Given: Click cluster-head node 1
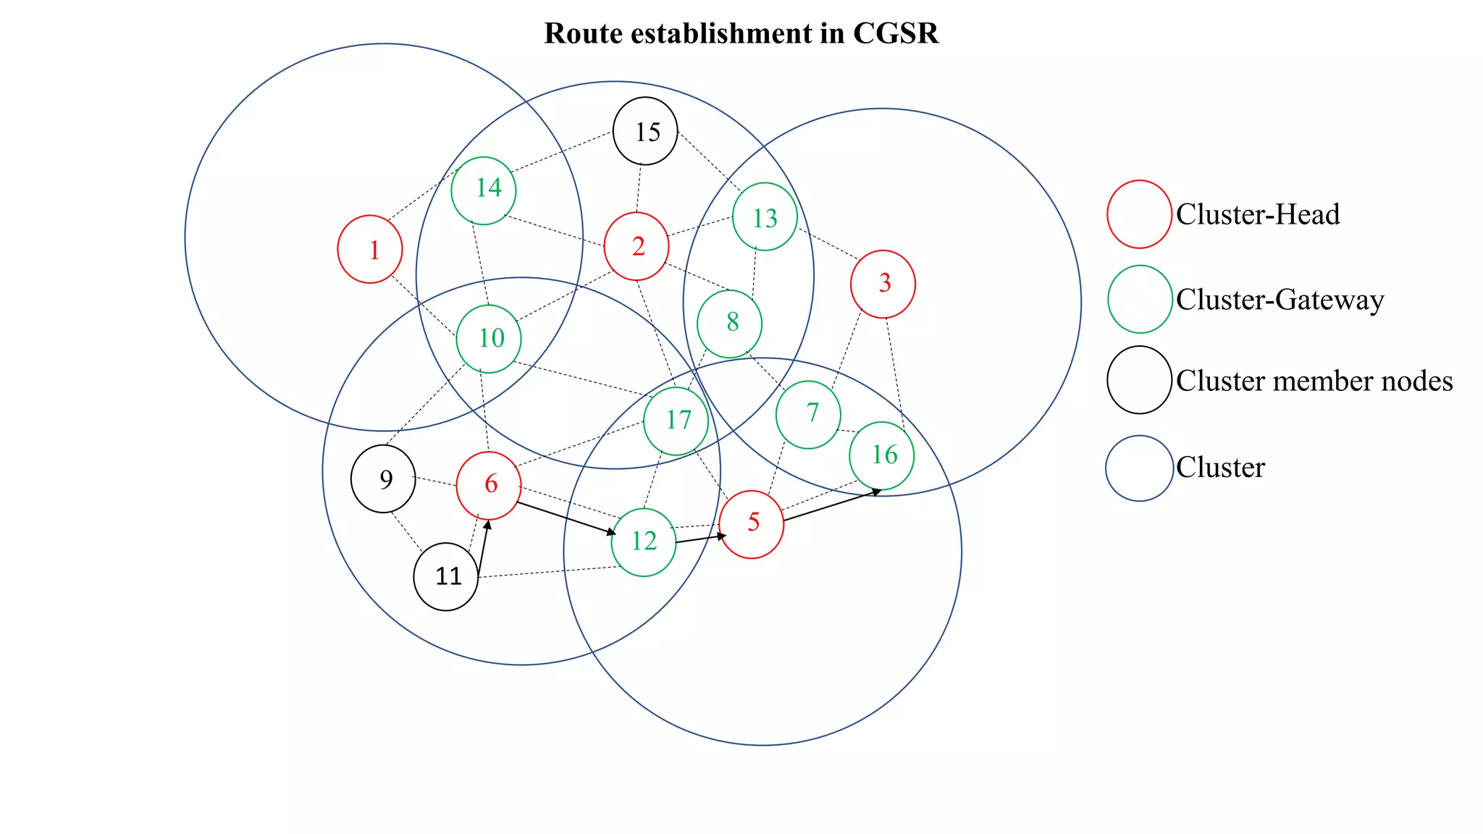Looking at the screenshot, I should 370,249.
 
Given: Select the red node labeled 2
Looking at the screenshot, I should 637,246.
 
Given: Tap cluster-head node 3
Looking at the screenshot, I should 883,284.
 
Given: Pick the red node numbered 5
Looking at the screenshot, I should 752,524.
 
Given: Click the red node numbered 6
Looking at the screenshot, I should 489,485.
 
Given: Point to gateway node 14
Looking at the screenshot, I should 484,190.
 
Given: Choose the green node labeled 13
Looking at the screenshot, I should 765,217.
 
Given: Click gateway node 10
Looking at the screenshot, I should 489,339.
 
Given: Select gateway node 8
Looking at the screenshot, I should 729,324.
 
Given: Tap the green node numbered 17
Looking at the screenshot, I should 676,421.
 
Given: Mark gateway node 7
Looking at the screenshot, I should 808,415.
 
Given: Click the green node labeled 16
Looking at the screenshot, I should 882,456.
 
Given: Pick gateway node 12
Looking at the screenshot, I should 644,542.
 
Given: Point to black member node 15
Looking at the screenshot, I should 645,131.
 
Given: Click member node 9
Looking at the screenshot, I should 383,479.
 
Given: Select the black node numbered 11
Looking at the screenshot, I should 446,577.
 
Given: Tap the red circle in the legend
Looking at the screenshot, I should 1139,214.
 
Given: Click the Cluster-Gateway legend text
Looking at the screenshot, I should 1280,300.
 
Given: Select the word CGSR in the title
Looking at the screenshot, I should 895,33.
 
